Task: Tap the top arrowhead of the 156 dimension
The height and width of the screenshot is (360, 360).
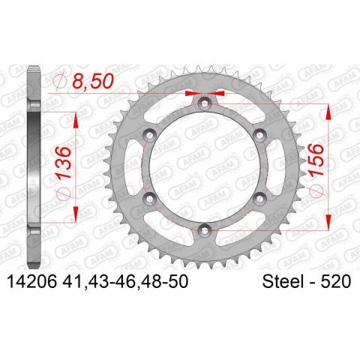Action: (328, 109)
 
